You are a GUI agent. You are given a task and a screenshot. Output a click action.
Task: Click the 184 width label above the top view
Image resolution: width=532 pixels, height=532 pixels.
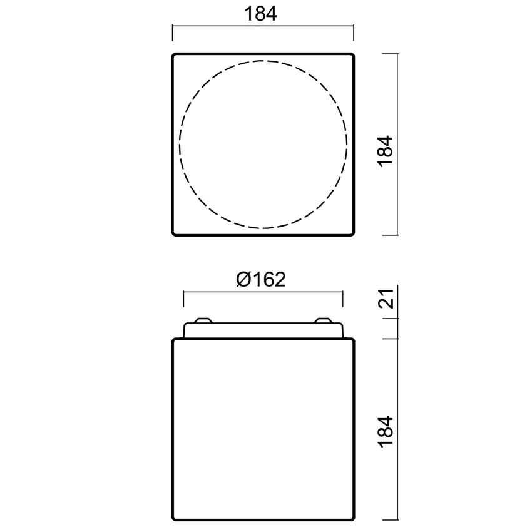tap(260, 14)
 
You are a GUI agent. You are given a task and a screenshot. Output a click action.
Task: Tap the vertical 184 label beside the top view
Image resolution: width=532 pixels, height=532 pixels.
tap(385, 151)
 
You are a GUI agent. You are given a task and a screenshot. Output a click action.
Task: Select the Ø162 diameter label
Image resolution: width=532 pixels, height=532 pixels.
tap(261, 280)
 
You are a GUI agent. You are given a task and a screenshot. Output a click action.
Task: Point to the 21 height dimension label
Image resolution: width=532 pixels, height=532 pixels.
tap(386, 299)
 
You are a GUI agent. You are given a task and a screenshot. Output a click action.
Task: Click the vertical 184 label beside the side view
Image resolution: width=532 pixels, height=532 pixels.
tap(385, 432)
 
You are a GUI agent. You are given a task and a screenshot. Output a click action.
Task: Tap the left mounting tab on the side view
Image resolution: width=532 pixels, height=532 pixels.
tap(203, 320)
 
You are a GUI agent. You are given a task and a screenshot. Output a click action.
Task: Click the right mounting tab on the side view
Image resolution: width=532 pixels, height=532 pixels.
tap(322, 320)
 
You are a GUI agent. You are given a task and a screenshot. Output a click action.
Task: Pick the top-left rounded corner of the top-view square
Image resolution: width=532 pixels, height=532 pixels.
tap(174, 55)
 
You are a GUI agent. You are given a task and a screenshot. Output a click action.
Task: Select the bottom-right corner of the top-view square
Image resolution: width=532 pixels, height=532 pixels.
tap(352, 234)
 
